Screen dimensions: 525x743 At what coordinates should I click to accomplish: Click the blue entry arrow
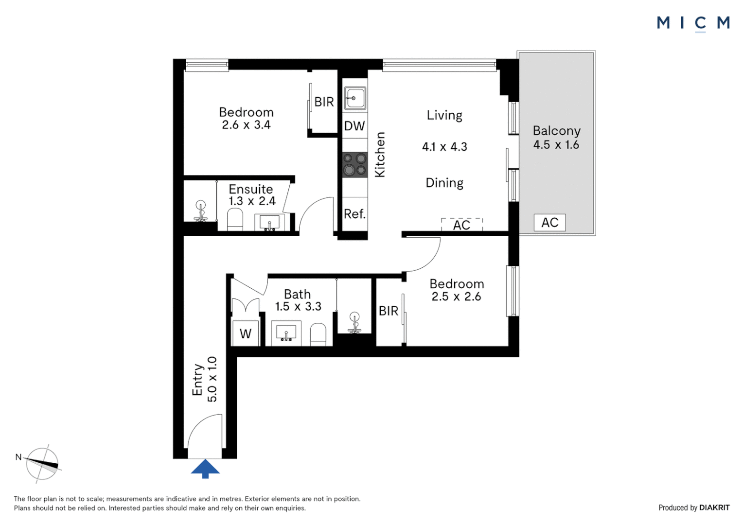[x=205, y=468]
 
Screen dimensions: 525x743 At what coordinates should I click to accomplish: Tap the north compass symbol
[x=42, y=464]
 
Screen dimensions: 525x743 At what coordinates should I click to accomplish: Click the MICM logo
[x=693, y=22]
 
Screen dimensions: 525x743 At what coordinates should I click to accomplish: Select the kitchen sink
[x=355, y=98]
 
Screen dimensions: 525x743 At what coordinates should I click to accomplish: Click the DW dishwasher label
[x=354, y=126]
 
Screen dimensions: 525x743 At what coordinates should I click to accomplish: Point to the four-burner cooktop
[x=355, y=164]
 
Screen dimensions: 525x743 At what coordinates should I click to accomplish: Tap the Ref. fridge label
[x=354, y=214]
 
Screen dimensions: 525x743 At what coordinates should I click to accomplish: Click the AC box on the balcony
[x=549, y=223]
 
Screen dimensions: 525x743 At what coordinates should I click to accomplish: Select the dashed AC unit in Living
[x=461, y=225]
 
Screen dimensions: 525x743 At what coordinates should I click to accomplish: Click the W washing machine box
[x=246, y=333]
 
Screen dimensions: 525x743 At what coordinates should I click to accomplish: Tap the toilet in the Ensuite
[x=235, y=220]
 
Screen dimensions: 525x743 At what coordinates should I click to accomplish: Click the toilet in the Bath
[x=318, y=334]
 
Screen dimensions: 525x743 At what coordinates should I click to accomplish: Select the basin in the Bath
[x=286, y=332]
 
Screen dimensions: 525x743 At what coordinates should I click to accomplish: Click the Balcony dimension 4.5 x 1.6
[x=556, y=145]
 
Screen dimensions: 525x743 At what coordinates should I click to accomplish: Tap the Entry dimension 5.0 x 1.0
[x=212, y=379]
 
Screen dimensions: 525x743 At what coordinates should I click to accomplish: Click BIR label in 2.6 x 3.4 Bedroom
[x=324, y=102]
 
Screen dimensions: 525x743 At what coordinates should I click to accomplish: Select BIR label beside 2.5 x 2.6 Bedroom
[x=388, y=311]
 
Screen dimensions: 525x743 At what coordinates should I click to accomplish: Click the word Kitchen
[x=380, y=155]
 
